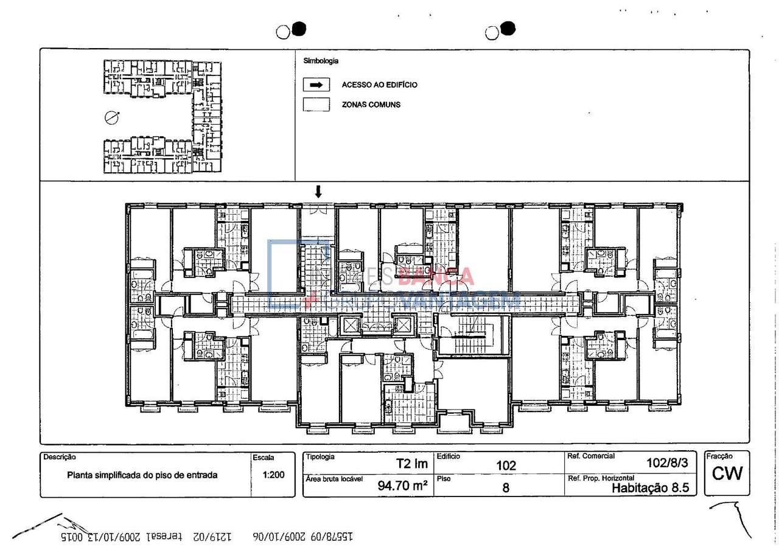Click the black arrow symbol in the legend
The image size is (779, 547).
(316, 85)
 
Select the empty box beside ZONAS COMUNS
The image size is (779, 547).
(316, 105)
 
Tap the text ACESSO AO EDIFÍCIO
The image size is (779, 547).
(379, 85)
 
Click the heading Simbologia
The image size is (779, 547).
(321, 61)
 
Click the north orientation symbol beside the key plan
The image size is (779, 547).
(111, 117)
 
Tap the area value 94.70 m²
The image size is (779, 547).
(402, 486)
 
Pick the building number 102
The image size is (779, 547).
(506, 465)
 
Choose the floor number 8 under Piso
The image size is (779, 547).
(506, 487)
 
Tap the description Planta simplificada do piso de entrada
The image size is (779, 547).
(142, 475)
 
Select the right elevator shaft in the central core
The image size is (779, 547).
(402, 325)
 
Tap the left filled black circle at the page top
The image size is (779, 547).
(298, 29)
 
